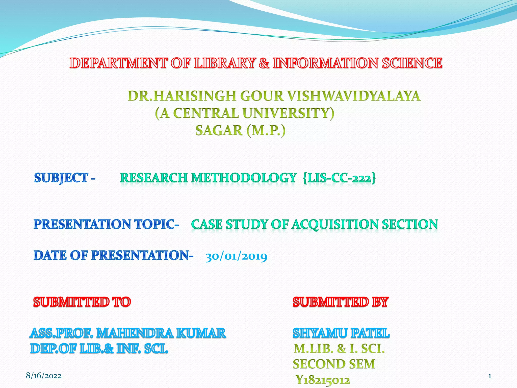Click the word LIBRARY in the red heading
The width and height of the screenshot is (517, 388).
point(225,63)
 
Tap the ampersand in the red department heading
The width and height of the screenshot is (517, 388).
point(264,63)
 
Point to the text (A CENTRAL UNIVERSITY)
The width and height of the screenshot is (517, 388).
point(245,113)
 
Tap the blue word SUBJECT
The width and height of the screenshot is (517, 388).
point(61,178)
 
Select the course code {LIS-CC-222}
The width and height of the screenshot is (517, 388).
point(339,178)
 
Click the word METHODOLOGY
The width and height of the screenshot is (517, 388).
point(244,178)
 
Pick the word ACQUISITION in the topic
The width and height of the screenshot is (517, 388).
point(335,224)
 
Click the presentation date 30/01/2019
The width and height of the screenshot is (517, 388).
point(236,257)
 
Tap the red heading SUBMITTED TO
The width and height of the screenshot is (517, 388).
point(82,302)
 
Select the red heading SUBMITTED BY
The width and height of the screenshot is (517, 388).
point(341,302)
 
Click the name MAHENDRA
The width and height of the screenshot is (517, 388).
point(135,333)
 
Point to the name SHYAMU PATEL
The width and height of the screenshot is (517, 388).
point(341,333)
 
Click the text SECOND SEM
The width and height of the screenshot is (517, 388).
point(334,364)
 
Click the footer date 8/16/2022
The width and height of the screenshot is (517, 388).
point(44,376)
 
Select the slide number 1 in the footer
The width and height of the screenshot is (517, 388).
point(489,376)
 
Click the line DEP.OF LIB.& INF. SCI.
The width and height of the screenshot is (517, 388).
point(99,349)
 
